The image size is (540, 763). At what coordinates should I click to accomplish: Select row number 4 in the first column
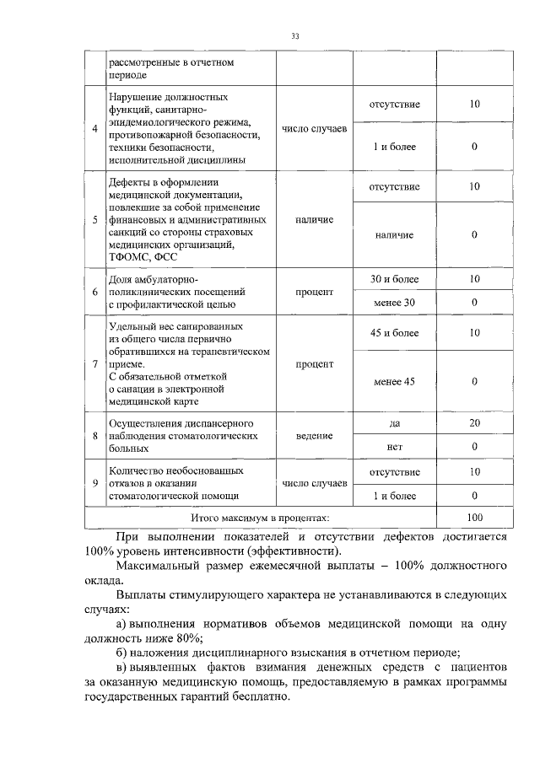(x=94, y=128)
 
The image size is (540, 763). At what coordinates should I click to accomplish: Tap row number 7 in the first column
(x=94, y=363)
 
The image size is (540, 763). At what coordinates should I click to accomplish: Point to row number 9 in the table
(x=94, y=483)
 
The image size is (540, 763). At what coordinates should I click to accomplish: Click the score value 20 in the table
(x=474, y=423)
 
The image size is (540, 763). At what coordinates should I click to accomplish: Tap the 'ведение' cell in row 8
(x=314, y=435)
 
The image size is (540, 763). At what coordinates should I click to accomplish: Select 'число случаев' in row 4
(x=314, y=128)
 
